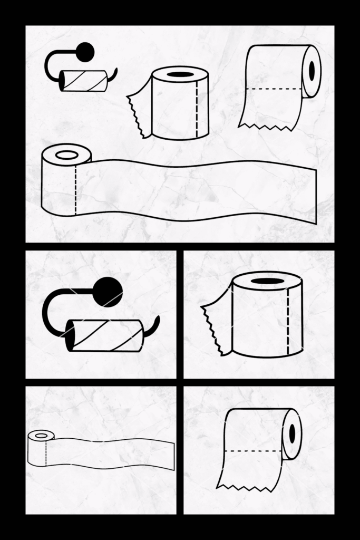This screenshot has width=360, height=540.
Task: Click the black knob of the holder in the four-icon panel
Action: (x=85, y=52)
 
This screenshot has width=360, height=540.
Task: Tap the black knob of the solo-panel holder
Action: (x=109, y=291)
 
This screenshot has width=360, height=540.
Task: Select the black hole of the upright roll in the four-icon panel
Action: (x=180, y=74)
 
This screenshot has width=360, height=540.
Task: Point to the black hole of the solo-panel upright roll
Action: (x=268, y=281)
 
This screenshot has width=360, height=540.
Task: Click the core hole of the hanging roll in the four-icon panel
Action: (x=312, y=71)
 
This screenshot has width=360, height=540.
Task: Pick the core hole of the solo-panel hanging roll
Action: (x=292, y=433)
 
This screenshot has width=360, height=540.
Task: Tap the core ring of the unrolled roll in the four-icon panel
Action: (x=67, y=155)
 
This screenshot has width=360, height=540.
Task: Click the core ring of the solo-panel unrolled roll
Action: (x=41, y=436)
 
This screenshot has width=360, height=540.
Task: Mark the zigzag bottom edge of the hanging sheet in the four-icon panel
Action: (x=266, y=127)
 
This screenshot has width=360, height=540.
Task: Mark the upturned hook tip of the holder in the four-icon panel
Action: (x=115, y=71)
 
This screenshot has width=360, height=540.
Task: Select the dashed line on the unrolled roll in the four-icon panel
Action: (x=75, y=190)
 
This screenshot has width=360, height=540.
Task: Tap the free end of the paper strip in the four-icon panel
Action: (x=315, y=195)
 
